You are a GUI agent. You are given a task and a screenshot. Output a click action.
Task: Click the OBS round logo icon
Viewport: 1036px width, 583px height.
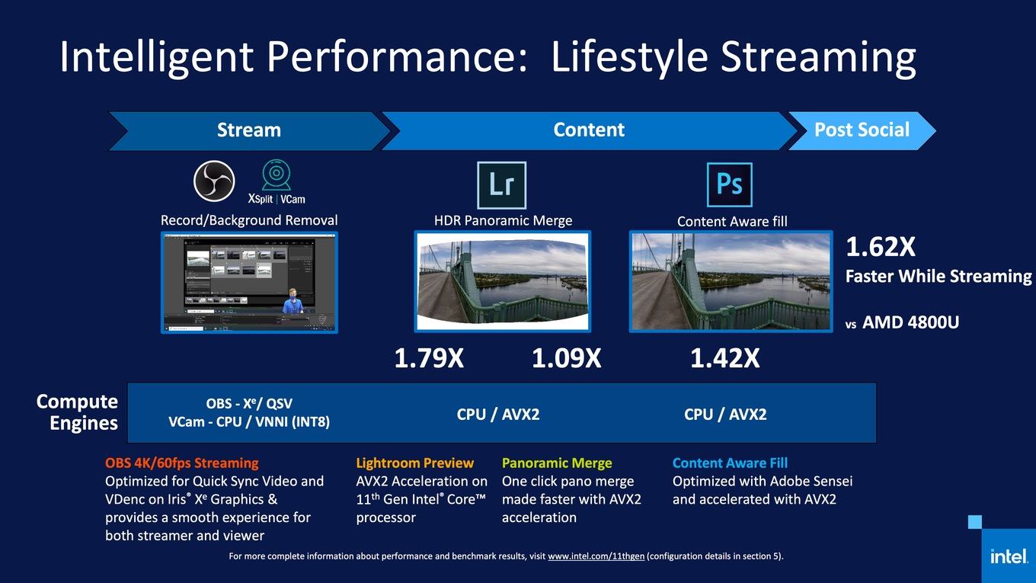[213, 181]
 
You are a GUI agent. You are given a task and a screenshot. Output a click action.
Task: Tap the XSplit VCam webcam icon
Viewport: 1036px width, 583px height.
[277, 175]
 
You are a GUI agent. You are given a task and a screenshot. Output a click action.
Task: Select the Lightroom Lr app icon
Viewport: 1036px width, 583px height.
[501, 185]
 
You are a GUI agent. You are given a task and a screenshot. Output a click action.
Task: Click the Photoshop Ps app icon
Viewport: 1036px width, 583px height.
[729, 184]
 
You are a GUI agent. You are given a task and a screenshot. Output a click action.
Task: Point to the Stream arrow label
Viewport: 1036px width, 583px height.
[249, 130]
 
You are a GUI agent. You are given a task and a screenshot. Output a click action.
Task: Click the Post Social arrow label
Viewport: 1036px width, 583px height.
[862, 130]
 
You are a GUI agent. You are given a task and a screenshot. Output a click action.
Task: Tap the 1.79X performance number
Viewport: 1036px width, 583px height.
[429, 358]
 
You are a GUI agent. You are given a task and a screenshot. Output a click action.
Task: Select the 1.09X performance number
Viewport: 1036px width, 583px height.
[566, 358]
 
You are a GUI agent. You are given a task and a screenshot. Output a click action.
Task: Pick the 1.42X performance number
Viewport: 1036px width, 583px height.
[724, 358]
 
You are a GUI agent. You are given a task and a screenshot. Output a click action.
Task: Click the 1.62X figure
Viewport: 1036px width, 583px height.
[880, 247]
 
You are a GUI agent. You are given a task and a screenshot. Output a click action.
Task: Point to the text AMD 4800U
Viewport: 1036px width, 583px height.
[910, 322]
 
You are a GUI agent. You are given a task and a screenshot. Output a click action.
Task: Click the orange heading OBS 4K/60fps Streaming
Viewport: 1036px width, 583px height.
[182, 463]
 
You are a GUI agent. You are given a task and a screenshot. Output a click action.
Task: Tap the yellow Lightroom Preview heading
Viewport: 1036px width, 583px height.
[415, 463]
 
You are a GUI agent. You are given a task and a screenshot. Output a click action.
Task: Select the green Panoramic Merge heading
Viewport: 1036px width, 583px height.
[557, 463]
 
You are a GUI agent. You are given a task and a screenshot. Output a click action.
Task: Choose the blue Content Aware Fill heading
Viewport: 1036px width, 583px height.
[730, 463]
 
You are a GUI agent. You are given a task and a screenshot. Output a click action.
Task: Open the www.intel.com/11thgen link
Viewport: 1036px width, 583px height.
[596, 556]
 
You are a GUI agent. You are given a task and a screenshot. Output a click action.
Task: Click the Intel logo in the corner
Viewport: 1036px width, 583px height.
[1009, 556]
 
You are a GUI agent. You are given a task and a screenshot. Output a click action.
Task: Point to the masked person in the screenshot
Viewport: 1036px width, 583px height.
[293, 301]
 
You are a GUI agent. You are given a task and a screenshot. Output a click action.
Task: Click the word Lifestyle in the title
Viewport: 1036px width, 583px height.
[629, 57]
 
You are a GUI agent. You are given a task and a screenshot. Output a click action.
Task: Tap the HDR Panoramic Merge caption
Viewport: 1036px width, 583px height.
[503, 221]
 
